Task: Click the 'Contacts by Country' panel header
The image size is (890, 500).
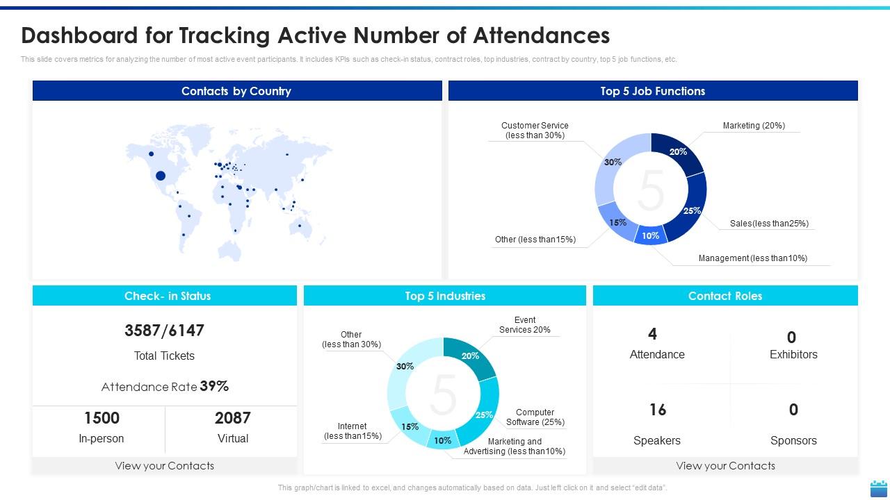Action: (236, 91)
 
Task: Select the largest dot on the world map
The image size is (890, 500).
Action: (161, 176)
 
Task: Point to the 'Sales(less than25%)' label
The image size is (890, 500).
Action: (769, 224)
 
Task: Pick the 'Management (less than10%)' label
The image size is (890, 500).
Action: (753, 258)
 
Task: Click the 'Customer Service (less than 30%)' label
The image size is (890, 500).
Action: (535, 131)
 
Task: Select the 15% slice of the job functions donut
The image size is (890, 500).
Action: (616, 222)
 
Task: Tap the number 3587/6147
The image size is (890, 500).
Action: (164, 331)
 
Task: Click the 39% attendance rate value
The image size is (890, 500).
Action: (214, 386)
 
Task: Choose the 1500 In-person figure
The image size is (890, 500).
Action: (102, 418)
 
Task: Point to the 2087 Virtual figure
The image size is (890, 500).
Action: (232, 418)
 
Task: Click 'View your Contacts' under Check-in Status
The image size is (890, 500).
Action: (165, 466)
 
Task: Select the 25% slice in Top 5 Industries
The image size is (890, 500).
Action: (483, 413)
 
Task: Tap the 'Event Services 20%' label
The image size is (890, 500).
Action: (525, 325)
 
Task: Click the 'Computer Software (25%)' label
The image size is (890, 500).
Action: (535, 417)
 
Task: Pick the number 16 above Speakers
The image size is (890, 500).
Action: (658, 410)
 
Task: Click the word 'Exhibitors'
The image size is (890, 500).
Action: (793, 354)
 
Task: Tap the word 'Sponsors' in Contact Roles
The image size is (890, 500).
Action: (793, 440)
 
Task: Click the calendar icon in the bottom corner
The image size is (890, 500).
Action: (878, 487)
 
